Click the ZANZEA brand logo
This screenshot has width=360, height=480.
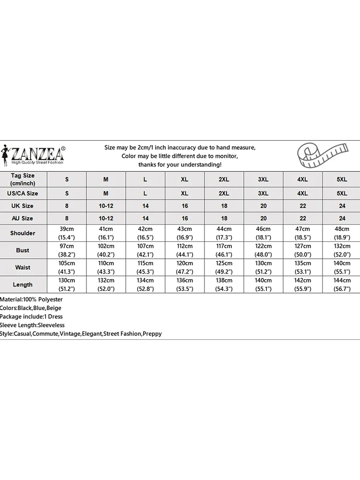[x=34, y=155]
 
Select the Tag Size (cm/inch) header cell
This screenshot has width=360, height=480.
[x=23, y=179]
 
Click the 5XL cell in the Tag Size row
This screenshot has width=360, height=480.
[x=342, y=179]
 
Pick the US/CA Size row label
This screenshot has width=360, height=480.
[x=23, y=193]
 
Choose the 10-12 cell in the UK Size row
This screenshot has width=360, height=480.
[x=106, y=206]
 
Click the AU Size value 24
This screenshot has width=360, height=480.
[x=342, y=218]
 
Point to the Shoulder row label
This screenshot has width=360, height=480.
[x=23, y=233]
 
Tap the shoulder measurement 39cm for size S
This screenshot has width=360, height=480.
[x=67, y=229]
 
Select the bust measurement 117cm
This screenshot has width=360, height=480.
[x=224, y=246]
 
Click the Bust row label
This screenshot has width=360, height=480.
[x=23, y=250]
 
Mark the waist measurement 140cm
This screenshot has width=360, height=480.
[x=342, y=264]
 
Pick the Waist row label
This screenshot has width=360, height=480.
[x=23, y=267]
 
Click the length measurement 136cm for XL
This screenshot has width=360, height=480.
[x=185, y=280]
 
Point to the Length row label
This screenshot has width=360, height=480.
[x=23, y=285]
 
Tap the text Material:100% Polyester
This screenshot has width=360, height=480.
[x=31, y=300]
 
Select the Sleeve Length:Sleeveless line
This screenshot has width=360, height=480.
[x=32, y=325]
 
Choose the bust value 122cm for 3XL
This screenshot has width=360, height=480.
[x=264, y=246]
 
